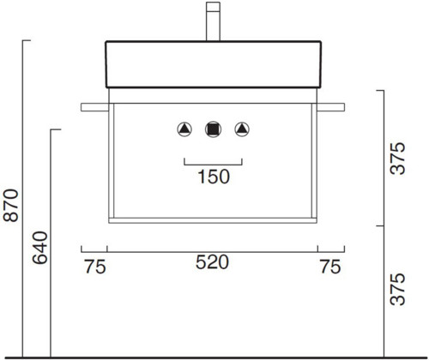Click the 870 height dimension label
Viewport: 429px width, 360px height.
tap(10, 205)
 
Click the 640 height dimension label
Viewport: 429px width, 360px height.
tap(39, 248)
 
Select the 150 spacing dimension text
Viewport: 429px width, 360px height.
tap(214, 177)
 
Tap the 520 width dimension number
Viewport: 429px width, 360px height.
tap(212, 262)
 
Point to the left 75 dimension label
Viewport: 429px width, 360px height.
tap(95, 267)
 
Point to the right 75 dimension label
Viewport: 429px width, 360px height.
tap(330, 267)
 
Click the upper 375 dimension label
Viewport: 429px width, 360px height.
tap(397, 159)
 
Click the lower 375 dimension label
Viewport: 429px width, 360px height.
tap(397, 289)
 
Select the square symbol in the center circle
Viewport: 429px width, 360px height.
tap(213, 129)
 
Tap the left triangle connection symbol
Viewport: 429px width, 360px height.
tap(184, 129)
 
